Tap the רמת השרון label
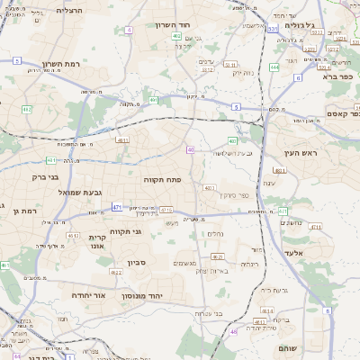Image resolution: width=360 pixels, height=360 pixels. pyautogui.click(x=60, y=64)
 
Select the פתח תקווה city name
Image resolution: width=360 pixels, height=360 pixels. pyautogui.click(x=162, y=179)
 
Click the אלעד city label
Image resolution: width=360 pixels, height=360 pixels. pyautogui.click(x=307, y=253)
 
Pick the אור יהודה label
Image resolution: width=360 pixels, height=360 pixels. pyautogui.click(x=87, y=294)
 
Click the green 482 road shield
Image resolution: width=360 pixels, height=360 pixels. pyautogui.click(x=27, y=109)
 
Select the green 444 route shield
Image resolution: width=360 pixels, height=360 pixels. pyautogui.click(x=273, y=67)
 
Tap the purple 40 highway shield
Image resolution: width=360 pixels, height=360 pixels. pyautogui.click(x=191, y=149)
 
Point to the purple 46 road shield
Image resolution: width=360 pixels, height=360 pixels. pyautogui.click(x=233, y=331)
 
